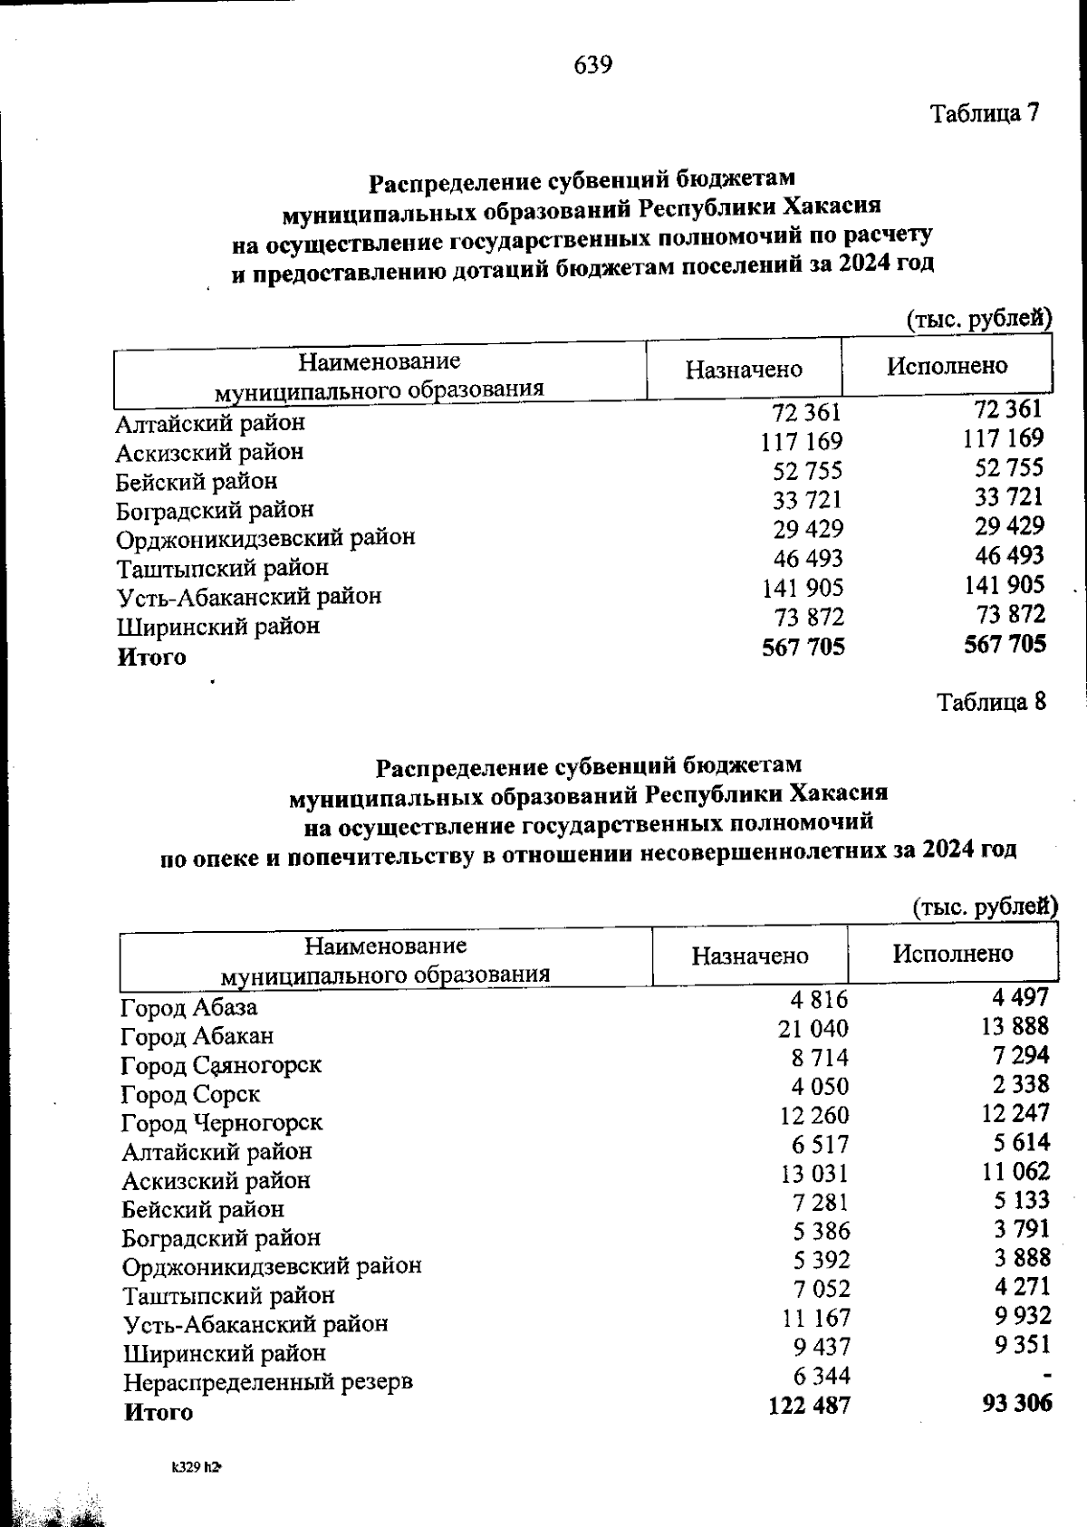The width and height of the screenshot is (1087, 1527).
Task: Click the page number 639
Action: (x=593, y=65)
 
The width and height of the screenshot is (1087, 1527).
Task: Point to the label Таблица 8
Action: (x=992, y=702)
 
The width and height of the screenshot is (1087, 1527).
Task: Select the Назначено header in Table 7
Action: (x=744, y=369)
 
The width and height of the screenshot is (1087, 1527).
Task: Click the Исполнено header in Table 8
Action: (x=953, y=953)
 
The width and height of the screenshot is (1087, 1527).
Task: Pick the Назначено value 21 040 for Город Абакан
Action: (x=813, y=1028)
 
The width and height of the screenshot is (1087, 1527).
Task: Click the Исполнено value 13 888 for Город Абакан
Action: (x=1015, y=1025)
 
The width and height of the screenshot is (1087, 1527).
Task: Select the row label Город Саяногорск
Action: (x=222, y=1065)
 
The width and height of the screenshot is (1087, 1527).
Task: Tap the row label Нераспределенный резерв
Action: (x=268, y=1382)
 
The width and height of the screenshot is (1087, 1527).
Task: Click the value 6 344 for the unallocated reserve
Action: (x=822, y=1376)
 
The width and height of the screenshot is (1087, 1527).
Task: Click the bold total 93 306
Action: (x=1016, y=1403)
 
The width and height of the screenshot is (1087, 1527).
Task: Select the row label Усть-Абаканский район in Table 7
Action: (x=249, y=597)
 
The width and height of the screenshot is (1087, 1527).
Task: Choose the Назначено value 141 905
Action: (x=802, y=588)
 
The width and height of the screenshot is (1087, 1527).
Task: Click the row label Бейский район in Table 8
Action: (x=204, y=1209)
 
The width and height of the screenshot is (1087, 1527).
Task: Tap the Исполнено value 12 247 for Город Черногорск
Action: (x=1015, y=1112)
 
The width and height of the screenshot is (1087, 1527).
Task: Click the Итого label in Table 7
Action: (x=151, y=658)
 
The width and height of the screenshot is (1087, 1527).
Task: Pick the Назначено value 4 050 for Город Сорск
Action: (x=820, y=1086)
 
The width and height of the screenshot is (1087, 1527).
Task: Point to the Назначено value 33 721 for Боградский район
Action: (x=807, y=500)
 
